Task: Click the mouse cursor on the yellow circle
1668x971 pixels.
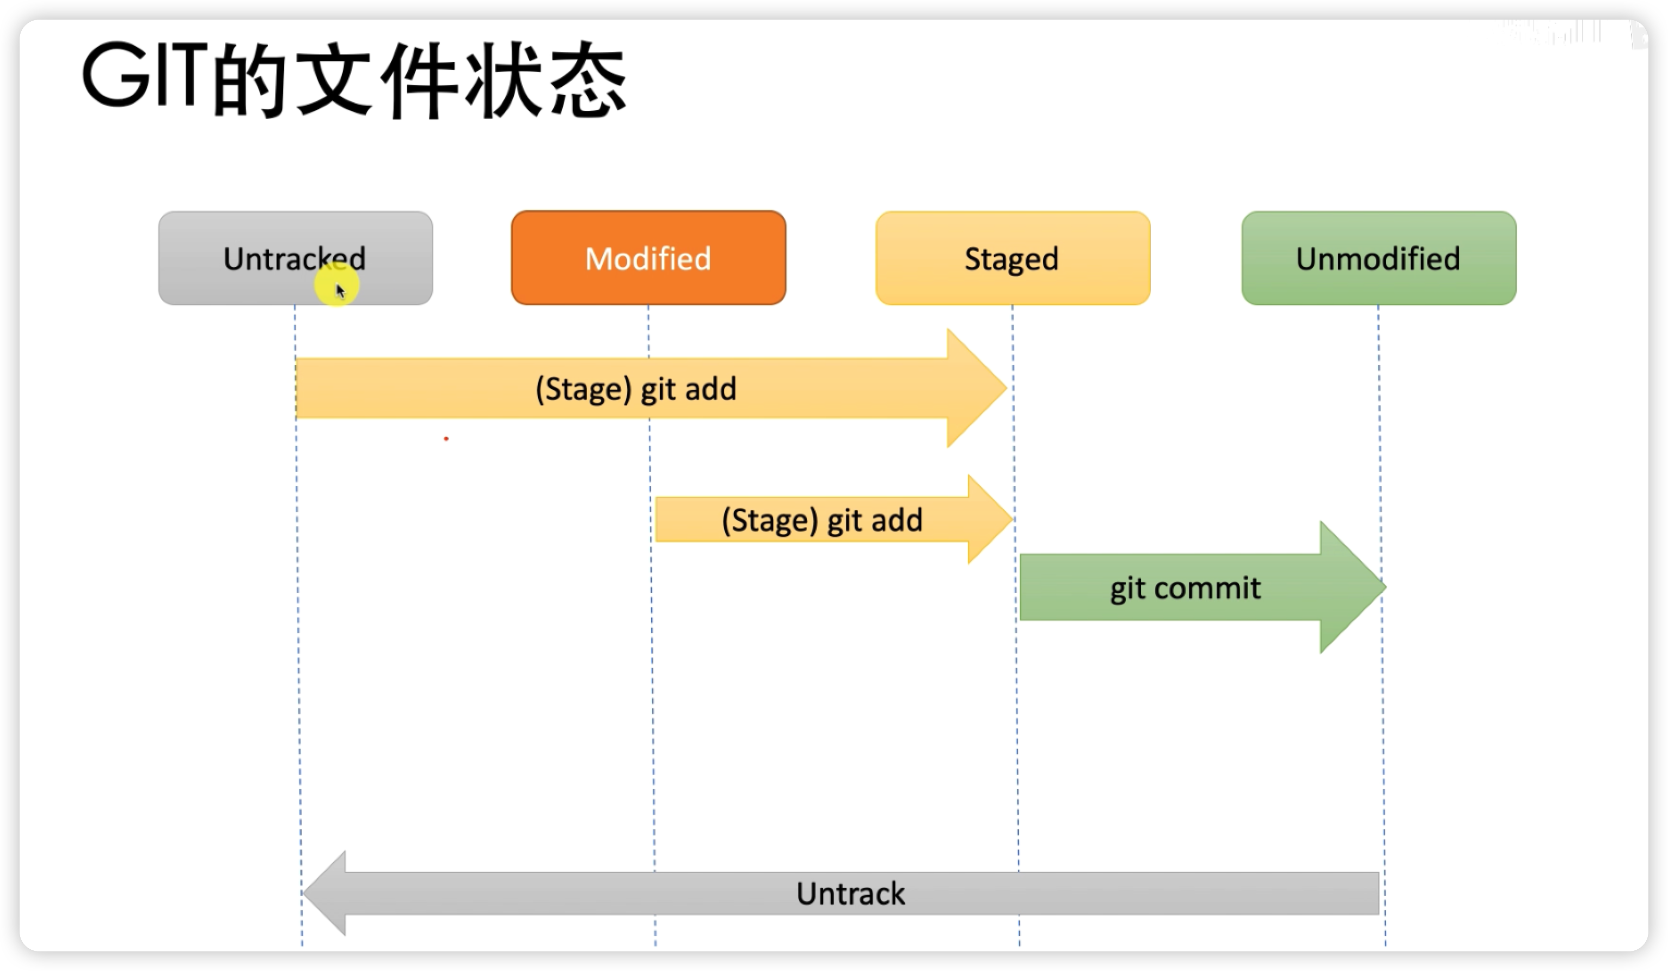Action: click(x=340, y=290)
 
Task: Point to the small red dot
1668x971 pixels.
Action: click(x=446, y=439)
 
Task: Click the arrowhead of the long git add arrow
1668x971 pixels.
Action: click(x=976, y=388)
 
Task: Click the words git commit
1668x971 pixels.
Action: click(x=1185, y=588)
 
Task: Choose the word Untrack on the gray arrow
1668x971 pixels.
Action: click(x=850, y=894)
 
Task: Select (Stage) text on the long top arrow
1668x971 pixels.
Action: click(x=582, y=389)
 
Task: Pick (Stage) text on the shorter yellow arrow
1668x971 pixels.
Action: click(x=769, y=520)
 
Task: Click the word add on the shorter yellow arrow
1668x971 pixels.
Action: click(x=896, y=520)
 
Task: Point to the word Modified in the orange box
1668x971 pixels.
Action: click(x=648, y=259)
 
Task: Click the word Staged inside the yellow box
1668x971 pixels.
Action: click(x=1011, y=259)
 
